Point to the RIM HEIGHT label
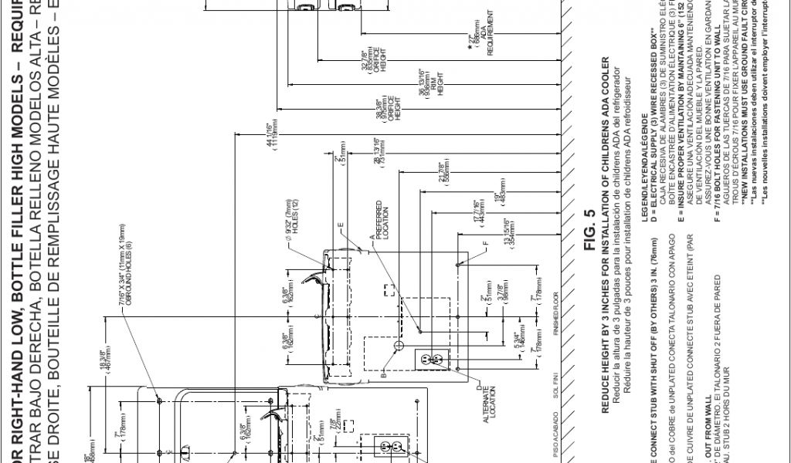point(439,90)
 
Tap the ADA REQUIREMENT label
point(484,37)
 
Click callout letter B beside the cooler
point(384,376)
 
